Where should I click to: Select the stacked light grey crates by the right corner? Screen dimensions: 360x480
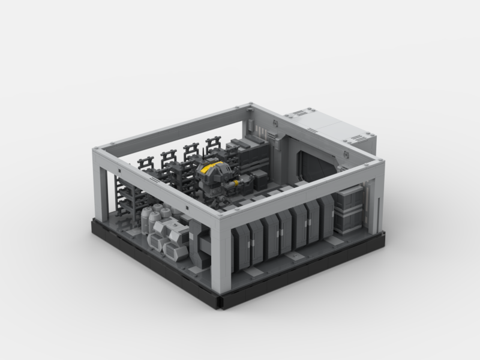(x=347, y=211)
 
